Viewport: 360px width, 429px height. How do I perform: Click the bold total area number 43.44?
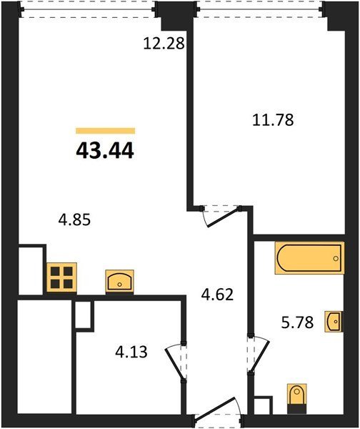pyautogui.click(x=105, y=151)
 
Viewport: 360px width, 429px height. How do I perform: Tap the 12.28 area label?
pyautogui.click(x=164, y=43)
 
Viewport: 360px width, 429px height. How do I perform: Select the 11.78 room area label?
pyautogui.click(x=273, y=120)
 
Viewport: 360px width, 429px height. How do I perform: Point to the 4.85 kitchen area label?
pyautogui.click(x=74, y=220)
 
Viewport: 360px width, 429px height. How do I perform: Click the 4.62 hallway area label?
pyautogui.click(x=217, y=295)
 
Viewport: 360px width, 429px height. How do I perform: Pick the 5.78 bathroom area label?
pyautogui.click(x=297, y=322)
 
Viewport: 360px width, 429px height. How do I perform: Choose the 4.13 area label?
pyautogui.click(x=131, y=352)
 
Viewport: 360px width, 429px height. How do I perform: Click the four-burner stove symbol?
pyautogui.click(x=61, y=277)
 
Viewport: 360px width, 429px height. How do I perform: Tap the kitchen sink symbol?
pyautogui.click(x=119, y=282)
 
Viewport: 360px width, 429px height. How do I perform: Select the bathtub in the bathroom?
pyautogui.click(x=309, y=258)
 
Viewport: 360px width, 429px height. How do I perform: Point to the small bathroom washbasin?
pyautogui.click(x=333, y=322)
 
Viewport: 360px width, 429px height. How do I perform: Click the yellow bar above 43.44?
pyautogui.click(x=106, y=131)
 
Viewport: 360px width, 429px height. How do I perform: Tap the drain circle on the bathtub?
pyautogui.click(x=336, y=258)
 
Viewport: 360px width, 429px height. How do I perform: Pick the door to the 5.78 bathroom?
pyautogui.click(x=259, y=354)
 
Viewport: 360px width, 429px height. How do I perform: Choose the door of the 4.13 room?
pyautogui.click(x=176, y=361)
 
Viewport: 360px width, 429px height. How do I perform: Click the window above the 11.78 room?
pyautogui.click(x=261, y=9)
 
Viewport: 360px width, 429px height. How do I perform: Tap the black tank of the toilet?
pyautogui.click(x=296, y=408)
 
